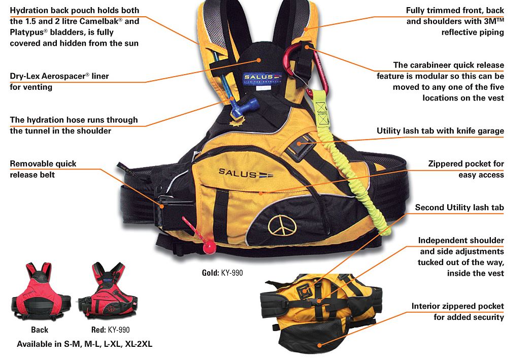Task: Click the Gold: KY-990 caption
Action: coord(222,273)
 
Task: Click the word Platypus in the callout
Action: coord(29,32)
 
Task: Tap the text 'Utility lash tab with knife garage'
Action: coord(440,131)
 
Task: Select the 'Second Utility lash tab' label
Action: coord(459,208)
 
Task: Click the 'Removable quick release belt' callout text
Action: coord(43,169)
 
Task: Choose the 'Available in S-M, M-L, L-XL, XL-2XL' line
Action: coord(84,344)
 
